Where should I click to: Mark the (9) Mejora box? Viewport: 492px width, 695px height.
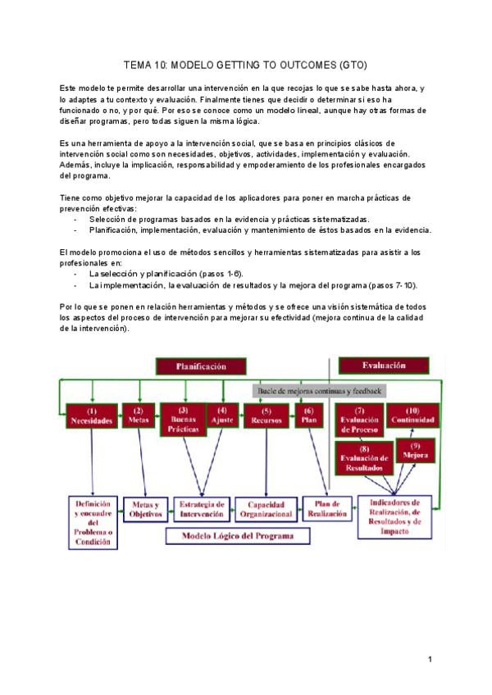point(416,450)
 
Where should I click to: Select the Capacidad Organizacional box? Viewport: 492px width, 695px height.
point(266,509)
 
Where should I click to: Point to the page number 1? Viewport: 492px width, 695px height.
point(429,659)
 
